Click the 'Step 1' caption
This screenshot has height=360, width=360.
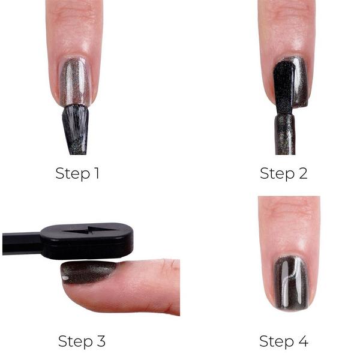pos(77,174)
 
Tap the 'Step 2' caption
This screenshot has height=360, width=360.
pos(283,174)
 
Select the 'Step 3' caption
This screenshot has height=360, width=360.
pos(82,341)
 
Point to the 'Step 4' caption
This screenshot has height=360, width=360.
pos(283,341)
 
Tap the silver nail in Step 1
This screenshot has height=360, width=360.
pos(75,81)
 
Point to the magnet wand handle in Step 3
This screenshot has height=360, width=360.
pos(20,243)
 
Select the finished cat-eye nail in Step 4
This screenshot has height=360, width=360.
pos(290,282)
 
